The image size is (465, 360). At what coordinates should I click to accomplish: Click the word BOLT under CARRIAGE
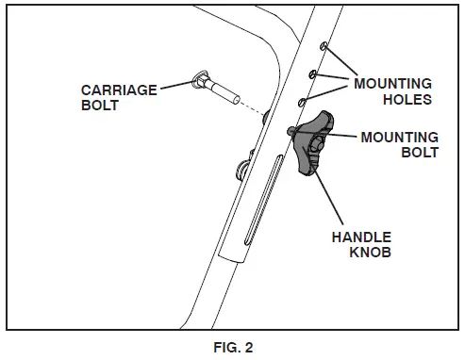tap(99, 105)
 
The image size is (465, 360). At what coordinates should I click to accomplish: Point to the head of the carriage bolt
tap(200, 79)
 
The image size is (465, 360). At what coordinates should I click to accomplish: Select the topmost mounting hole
tap(324, 46)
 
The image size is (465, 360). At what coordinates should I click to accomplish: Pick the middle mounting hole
tap(313, 72)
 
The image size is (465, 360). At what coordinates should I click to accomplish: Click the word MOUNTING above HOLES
tap(393, 83)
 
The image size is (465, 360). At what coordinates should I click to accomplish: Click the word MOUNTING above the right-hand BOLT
tap(400, 137)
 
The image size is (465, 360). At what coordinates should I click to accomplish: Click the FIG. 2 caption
tap(232, 346)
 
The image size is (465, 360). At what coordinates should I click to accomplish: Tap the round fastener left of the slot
tap(240, 170)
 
